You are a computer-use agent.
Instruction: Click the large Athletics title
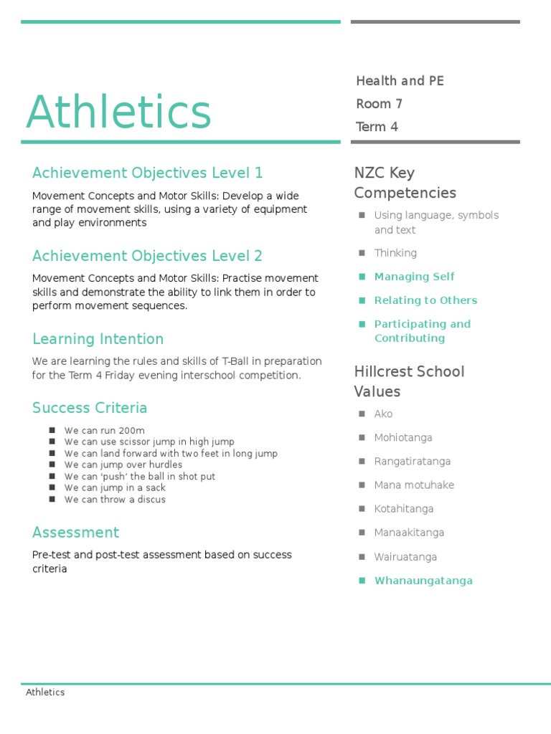[x=118, y=113]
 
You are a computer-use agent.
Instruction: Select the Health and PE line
[x=400, y=81]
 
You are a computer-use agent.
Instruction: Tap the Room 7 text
[x=379, y=104]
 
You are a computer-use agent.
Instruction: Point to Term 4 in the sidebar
[x=377, y=127]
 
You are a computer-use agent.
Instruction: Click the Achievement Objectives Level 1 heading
[x=147, y=173]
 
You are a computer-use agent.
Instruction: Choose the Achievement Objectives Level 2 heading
[x=147, y=256]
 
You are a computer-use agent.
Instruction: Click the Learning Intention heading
[x=98, y=339]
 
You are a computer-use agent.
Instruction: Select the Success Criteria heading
[x=90, y=408]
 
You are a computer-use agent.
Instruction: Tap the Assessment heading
[x=75, y=533]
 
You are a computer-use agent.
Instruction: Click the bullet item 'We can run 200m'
[x=104, y=431]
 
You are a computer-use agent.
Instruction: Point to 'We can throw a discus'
[x=115, y=500]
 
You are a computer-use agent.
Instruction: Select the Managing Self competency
[x=414, y=277]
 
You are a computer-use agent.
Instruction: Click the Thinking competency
[x=395, y=253]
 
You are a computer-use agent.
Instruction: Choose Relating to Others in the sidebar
[x=425, y=300]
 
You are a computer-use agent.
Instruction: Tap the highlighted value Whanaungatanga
[x=423, y=581]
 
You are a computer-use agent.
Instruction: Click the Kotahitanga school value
[x=403, y=509]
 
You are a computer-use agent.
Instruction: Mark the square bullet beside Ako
[x=362, y=414]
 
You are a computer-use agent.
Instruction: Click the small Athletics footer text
[x=45, y=692]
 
